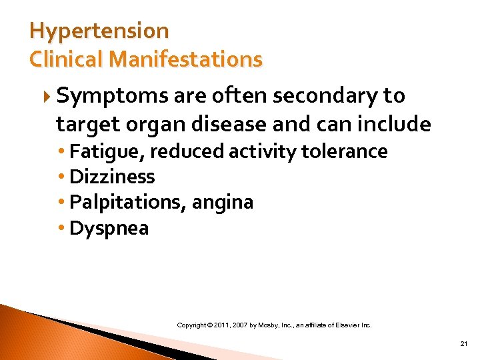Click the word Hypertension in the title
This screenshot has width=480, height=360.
pos(99,31)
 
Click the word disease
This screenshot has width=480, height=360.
pos(219,124)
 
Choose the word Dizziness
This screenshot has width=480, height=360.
pos(112,177)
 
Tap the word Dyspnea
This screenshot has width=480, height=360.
pos(109,229)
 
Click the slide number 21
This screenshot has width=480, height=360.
pos(464,344)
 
